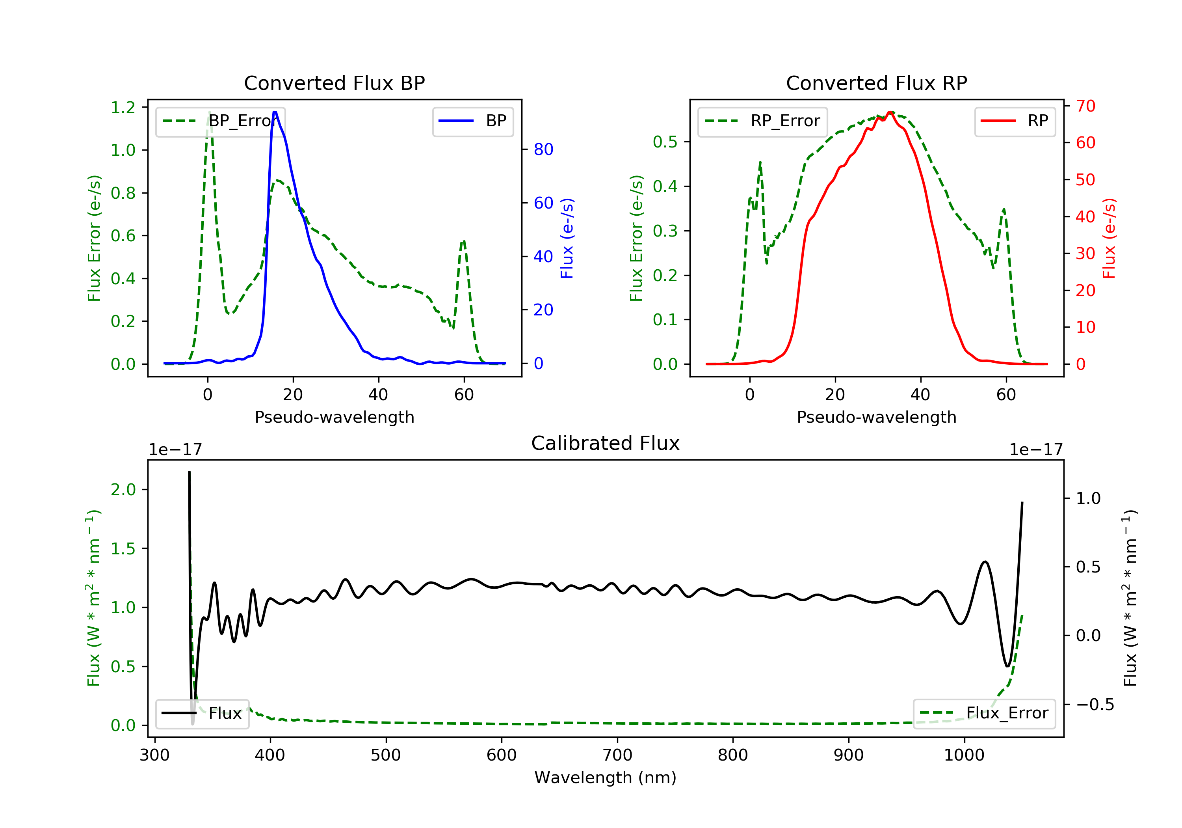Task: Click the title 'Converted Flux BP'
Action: click(x=335, y=83)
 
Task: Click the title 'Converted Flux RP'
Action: click(x=877, y=83)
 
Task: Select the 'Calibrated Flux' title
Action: click(x=606, y=443)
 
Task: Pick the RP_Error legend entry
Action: click(x=762, y=121)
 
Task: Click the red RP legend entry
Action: click(x=1015, y=121)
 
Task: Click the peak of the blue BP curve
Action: click(x=275, y=112)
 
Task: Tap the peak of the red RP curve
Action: click(x=890, y=112)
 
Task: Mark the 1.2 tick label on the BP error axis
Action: click(x=123, y=107)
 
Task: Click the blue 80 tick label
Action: click(x=544, y=149)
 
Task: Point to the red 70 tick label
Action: click(x=1086, y=106)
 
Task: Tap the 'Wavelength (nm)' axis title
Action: click(x=606, y=778)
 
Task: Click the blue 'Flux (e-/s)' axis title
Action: click(x=567, y=238)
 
